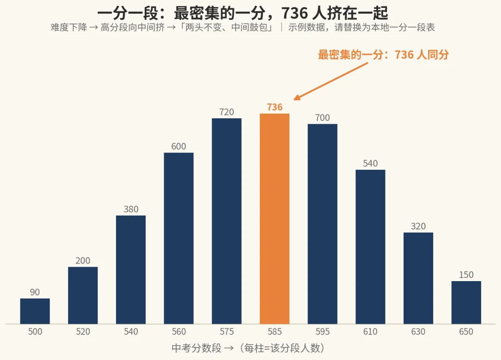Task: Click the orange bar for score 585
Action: pyautogui.click(x=275, y=219)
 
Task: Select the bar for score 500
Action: pyautogui.click(x=35, y=311)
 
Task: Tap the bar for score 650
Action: pyautogui.click(x=466, y=302)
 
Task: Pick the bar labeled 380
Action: pyautogui.click(x=131, y=270)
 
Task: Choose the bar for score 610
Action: pyautogui.click(x=370, y=247)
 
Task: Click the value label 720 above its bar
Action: pyautogui.click(x=226, y=112)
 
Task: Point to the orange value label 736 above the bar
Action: pyautogui.click(x=275, y=107)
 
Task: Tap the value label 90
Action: pyautogui.click(x=35, y=292)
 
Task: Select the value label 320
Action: pyautogui.click(x=418, y=226)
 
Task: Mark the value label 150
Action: pyautogui.click(x=466, y=275)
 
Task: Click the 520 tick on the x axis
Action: pyautogui.click(x=83, y=332)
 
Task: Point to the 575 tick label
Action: pyautogui.click(x=226, y=332)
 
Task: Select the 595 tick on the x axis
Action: pyautogui.click(x=322, y=332)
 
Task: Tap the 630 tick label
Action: pyautogui.click(x=418, y=332)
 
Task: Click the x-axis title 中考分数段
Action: pyautogui.click(x=197, y=348)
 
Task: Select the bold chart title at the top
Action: pyautogui.click(x=243, y=13)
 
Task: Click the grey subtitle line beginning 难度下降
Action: pyautogui.click(x=243, y=27)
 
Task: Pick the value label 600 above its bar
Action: pyautogui.click(x=179, y=146)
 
